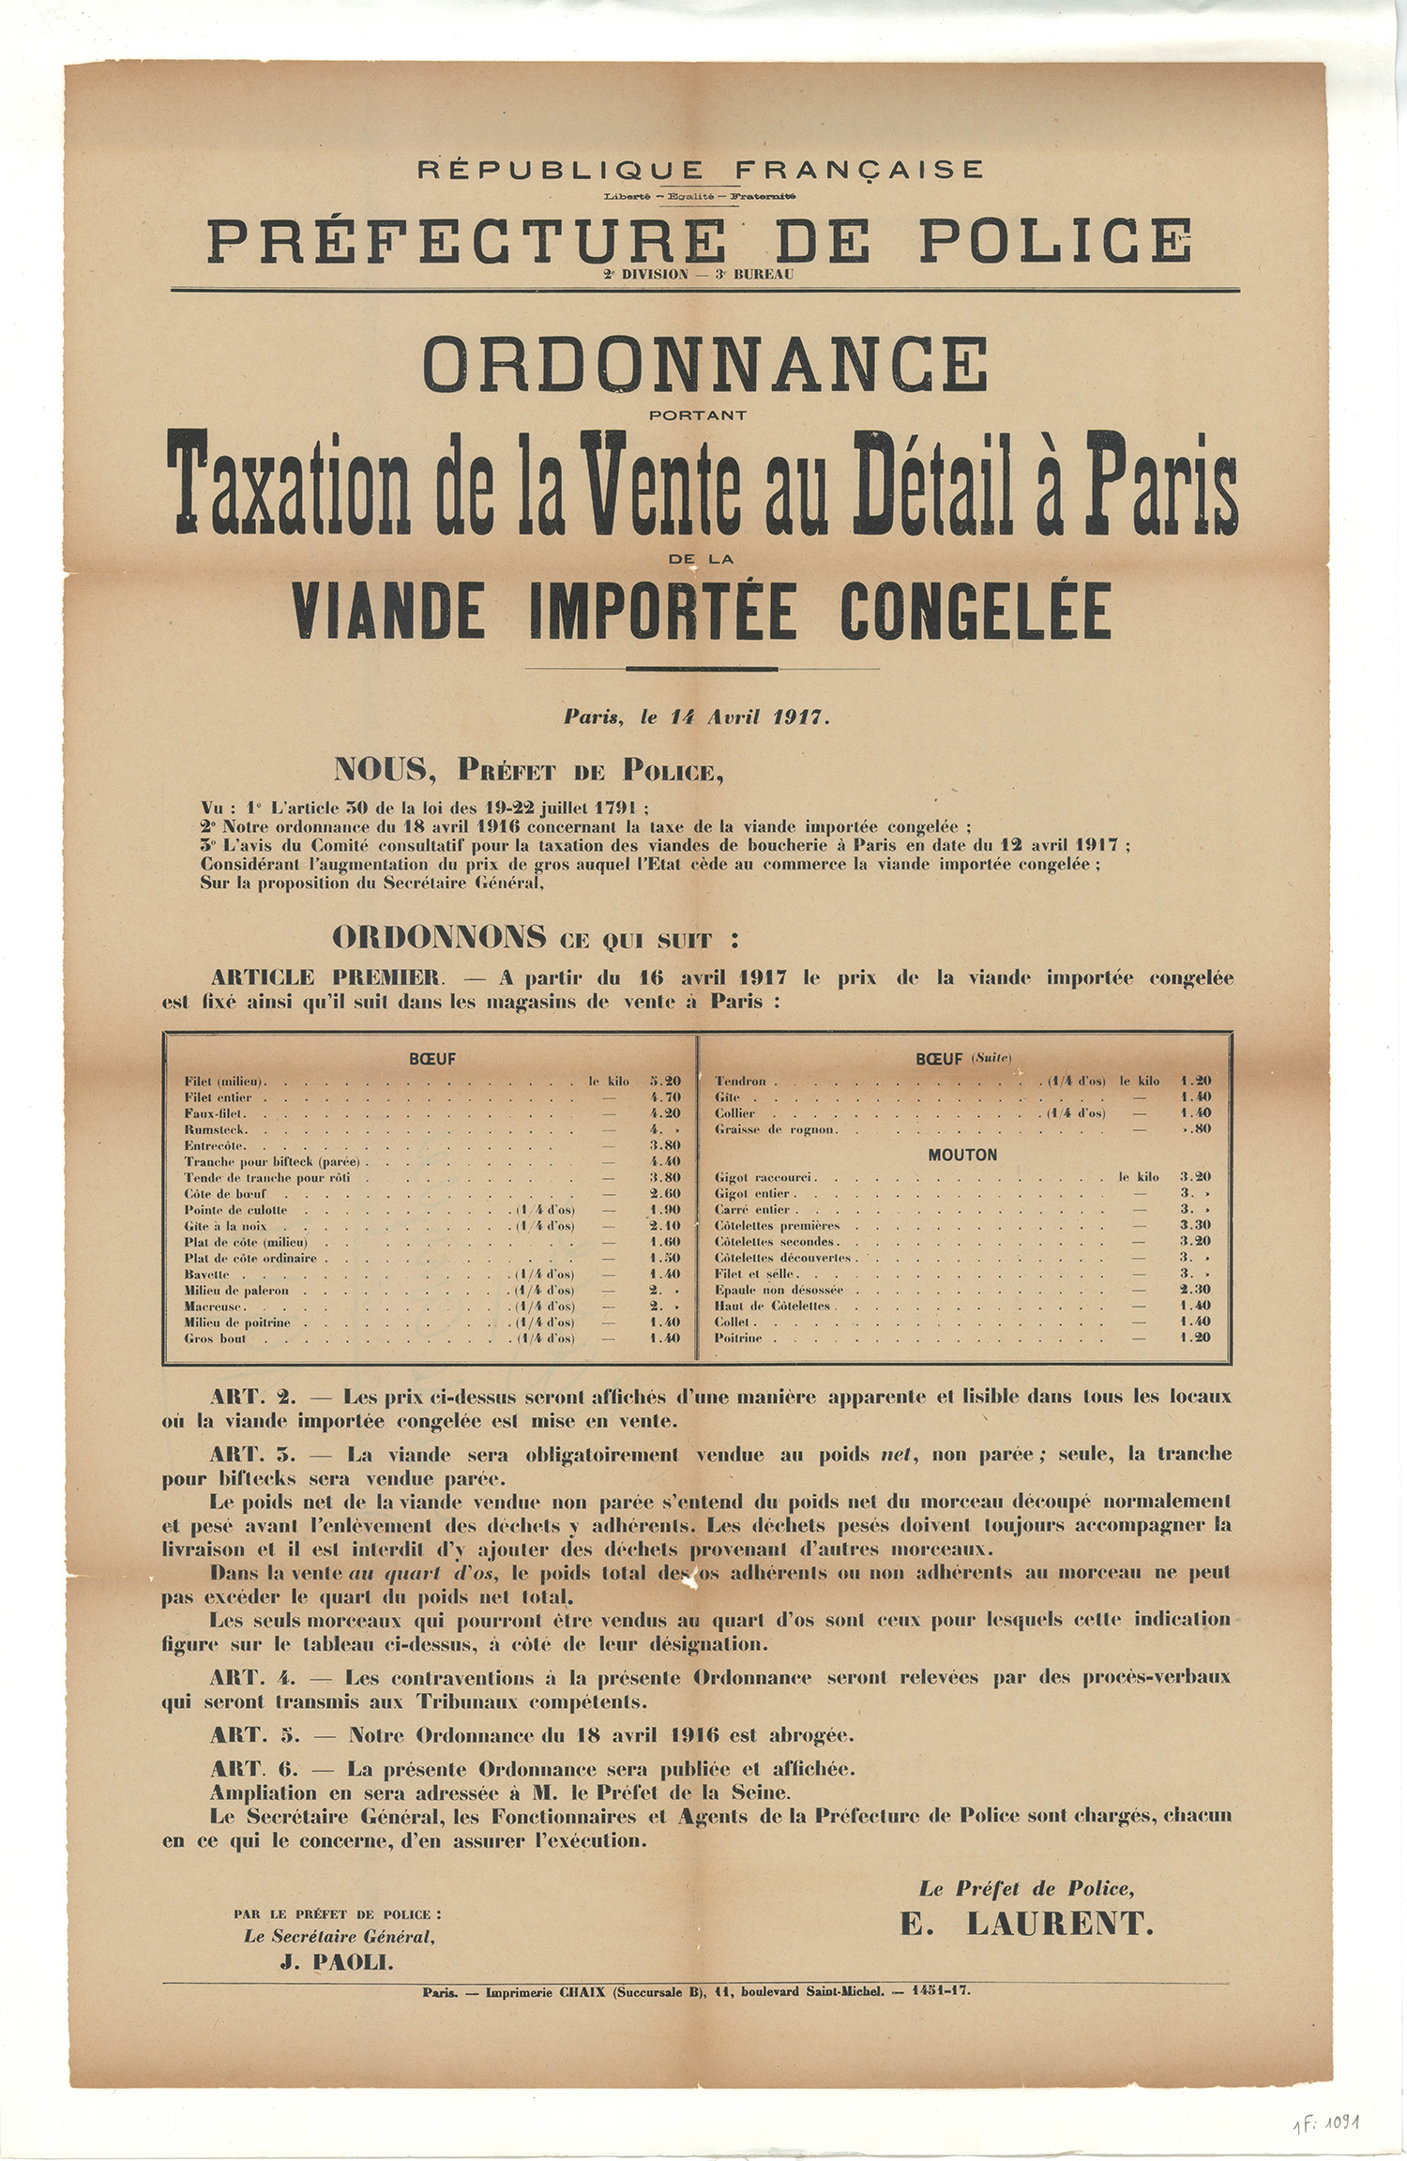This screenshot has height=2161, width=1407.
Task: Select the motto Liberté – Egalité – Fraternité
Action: (x=701, y=196)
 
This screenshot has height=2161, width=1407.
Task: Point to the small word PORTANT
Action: (x=698, y=415)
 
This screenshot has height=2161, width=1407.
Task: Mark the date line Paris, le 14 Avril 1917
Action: (x=697, y=718)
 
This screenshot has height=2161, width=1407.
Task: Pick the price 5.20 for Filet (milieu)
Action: (x=665, y=1081)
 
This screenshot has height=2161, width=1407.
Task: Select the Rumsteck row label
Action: (x=216, y=1129)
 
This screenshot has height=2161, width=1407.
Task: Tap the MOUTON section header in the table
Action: (x=962, y=1155)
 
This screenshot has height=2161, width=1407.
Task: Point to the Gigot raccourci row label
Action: (x=764, y=1177)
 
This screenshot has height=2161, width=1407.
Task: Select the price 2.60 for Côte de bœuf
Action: (x=665, y=1194)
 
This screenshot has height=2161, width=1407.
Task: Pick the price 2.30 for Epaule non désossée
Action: (x=1195, y=1290)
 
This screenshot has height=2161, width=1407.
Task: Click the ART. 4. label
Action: (x=252, y=1677)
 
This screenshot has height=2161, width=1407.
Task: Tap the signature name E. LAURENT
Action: (x=1026, y=1924)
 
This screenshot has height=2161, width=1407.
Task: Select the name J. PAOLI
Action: (x=338, y=1962)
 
